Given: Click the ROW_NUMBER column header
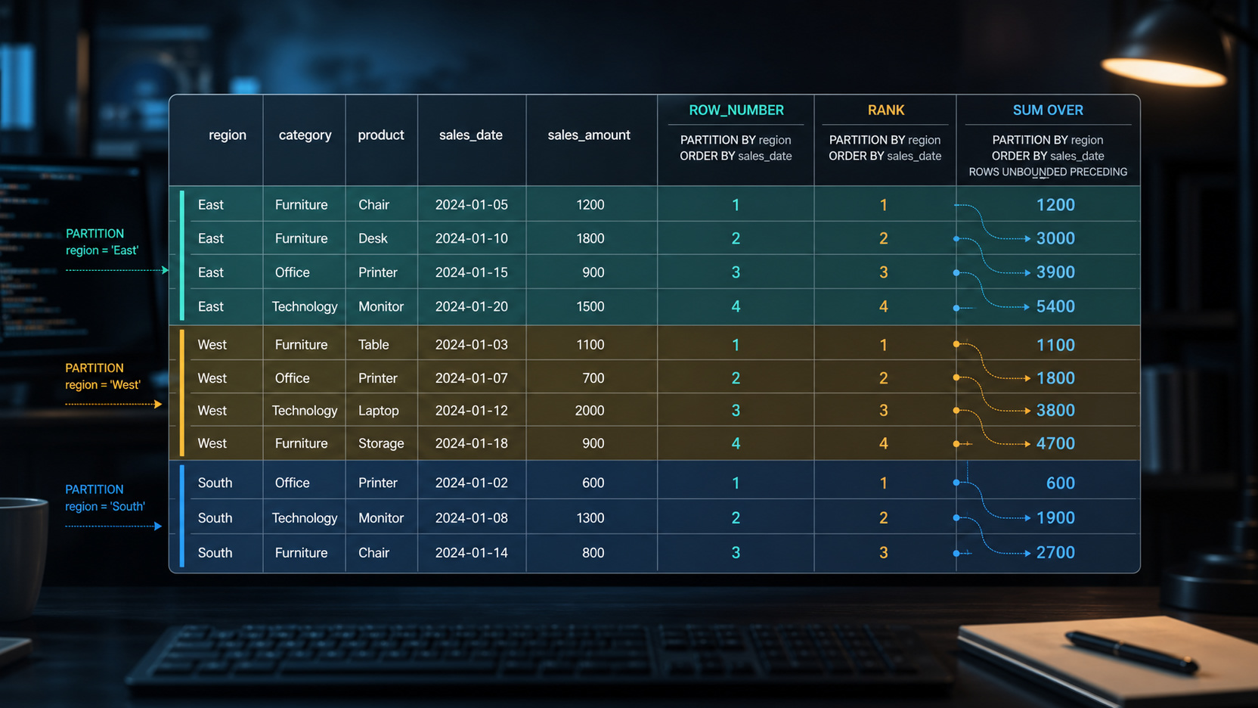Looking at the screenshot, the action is [x=736, y=110].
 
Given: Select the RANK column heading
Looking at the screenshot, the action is [x=885, y=110].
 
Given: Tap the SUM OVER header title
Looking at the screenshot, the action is [x=1048, y=110].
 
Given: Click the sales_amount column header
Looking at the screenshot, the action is [x=589, y=135].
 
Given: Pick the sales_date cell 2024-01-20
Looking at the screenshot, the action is [x=471, y=306].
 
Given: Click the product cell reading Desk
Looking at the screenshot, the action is [x=373, y=238].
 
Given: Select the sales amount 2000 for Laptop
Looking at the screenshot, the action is [x=589, y=410].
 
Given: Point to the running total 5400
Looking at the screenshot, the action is [x=1055, y=306].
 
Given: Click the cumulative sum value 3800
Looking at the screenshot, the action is [x=1055, y=410].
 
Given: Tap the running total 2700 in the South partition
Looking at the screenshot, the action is [x=1055, y=552].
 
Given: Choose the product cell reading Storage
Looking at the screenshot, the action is [x=381, y=443].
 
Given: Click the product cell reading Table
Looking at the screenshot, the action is [x=373, y=344].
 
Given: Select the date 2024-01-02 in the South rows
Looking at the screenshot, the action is [x=471, y=483].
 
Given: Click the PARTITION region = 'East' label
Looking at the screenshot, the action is [x=101, y=241].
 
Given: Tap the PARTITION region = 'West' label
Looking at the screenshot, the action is [x=103, y=377].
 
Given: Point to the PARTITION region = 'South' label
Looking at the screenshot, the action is [x=105, y=498].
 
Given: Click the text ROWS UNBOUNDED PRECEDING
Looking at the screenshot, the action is [x=1048, y=172].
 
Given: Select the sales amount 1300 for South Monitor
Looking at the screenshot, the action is [x=590, y=517].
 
